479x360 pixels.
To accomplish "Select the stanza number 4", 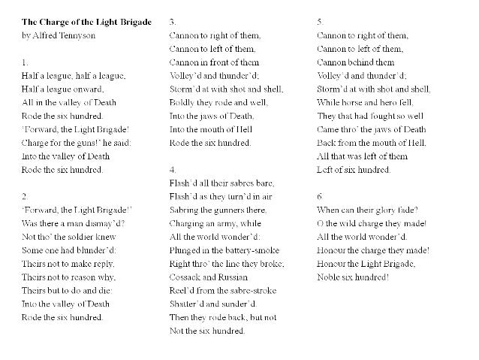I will tap(173, 170).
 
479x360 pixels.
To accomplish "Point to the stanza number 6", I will tap(321, 197).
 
